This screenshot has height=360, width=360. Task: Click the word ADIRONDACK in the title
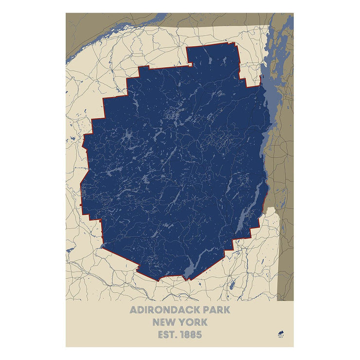pos(164,310)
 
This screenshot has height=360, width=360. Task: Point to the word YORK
pos(195,322)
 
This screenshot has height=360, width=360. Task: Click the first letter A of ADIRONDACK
pos(133,310)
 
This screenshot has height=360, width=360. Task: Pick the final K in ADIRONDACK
pos(196,310)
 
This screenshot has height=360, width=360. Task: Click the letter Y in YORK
pos(185,322)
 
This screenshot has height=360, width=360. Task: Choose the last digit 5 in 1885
pos(199,335)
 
